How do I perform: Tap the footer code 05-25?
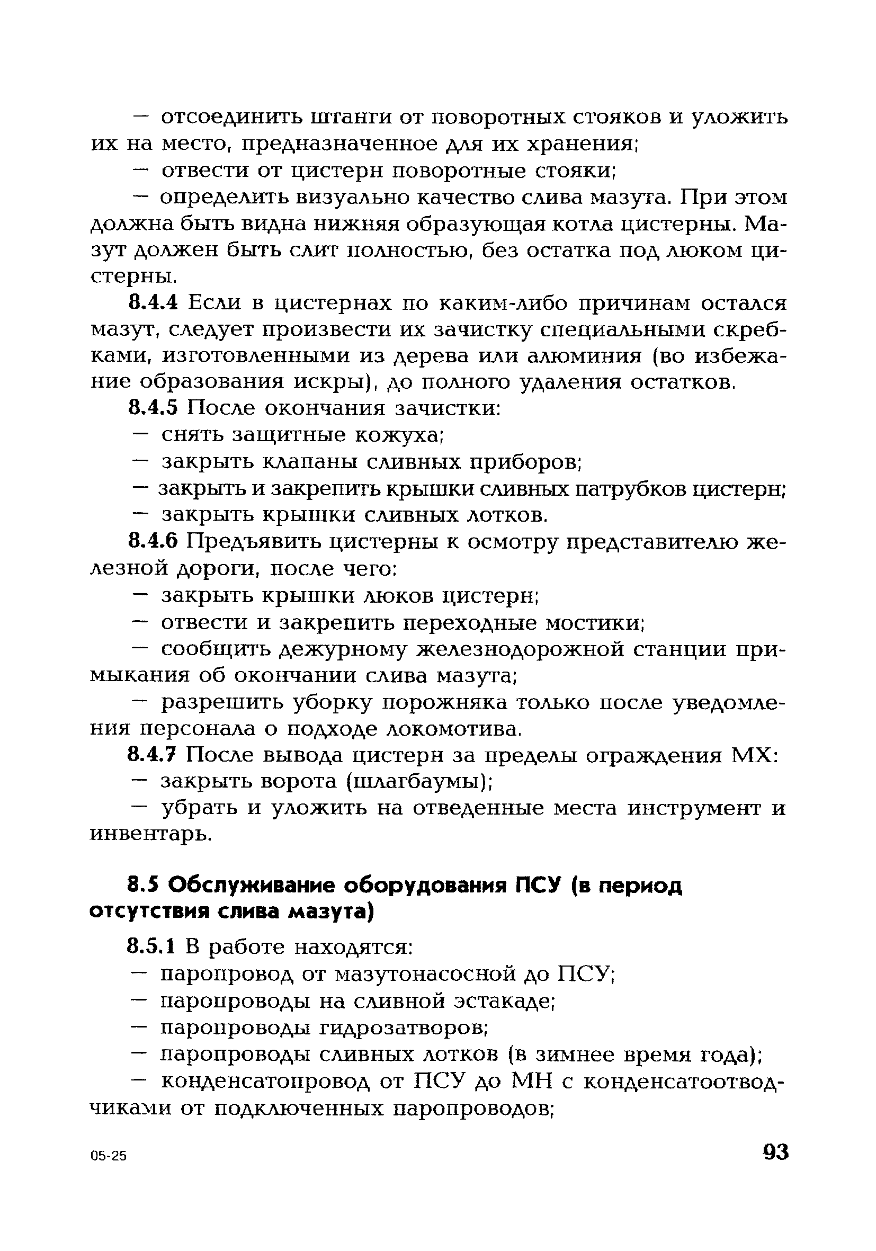(109, 1157)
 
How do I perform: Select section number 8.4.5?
(153, 408)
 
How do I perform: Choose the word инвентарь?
(150, 834)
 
